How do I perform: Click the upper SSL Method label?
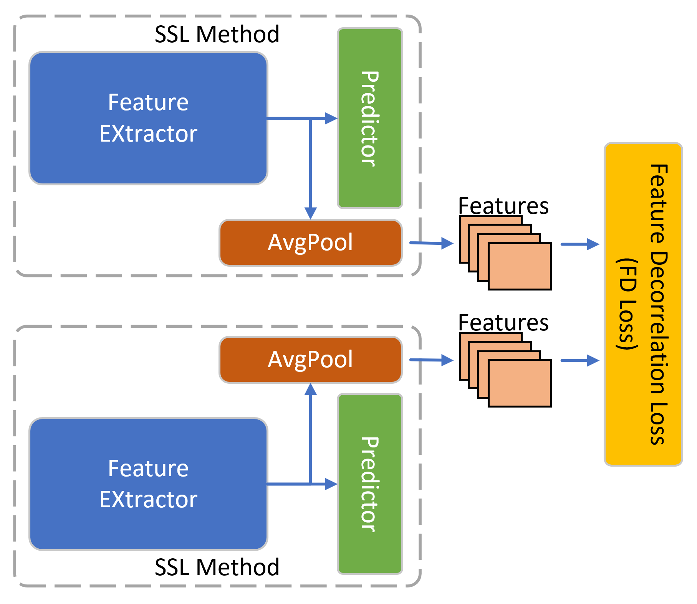(217, 35)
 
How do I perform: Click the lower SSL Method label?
(217, 567)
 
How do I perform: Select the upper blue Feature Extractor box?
(148, 118)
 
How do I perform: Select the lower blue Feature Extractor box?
(148, 484)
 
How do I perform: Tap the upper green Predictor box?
(370, 118)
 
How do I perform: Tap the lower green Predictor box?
(370, 484)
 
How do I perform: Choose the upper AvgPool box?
(310, 243)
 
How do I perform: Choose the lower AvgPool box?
(310, 360)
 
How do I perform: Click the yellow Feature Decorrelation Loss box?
(643, 304)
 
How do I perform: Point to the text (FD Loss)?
(627, 304)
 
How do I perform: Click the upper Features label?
(503, 206)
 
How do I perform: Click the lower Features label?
(503, 323)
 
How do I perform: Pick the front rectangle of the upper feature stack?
(520, 266)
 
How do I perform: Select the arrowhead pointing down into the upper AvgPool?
(310, 213)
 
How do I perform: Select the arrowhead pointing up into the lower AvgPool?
(310, 389)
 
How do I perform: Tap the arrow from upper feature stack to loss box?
(580, 244)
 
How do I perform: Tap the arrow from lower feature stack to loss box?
(580, 360)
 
